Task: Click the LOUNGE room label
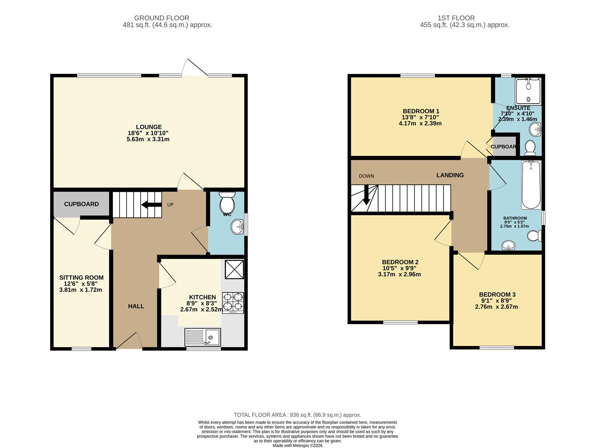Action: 149,127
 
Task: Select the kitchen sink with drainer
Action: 202,337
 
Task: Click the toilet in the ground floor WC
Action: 227,202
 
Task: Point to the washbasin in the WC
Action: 238,226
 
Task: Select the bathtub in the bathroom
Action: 531,185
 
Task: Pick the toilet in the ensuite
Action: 530,147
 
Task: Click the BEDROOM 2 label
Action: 400,262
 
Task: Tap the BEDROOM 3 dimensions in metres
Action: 496,307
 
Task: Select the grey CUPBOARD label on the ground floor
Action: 81,204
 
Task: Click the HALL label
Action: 136,306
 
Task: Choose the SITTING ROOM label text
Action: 81,278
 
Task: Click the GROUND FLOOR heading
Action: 161,18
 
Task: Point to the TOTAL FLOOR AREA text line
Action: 297,415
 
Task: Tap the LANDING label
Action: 450,175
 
